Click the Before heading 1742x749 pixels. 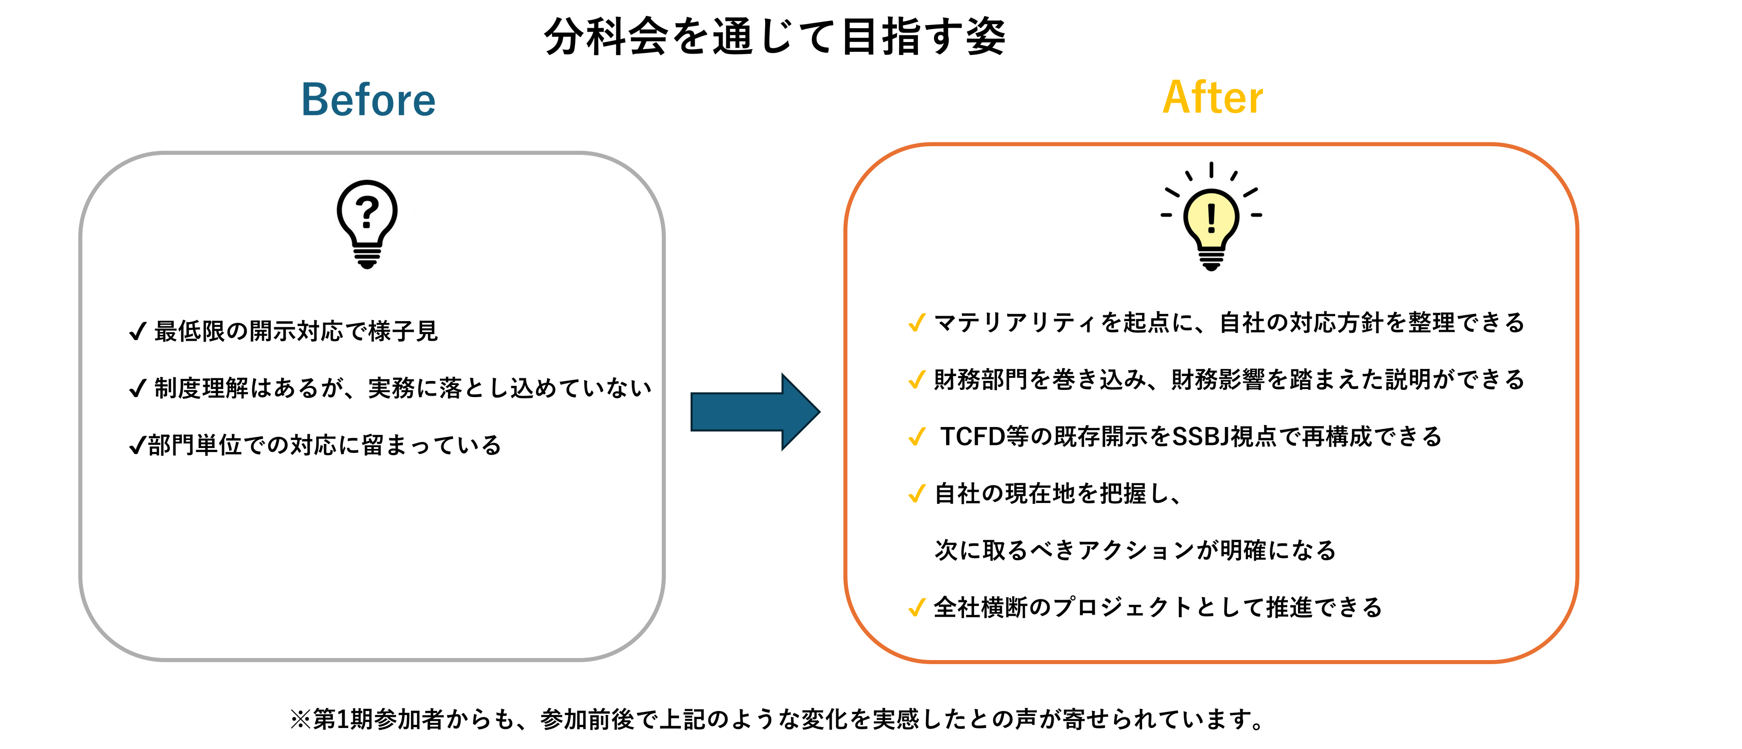[368, 100]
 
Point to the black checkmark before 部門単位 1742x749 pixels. [137, 445]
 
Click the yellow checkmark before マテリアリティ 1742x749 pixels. [916, 323]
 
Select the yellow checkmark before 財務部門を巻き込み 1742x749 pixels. [916, 380]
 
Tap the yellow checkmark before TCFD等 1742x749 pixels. [916, 437]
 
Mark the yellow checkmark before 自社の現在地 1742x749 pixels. [916, 494]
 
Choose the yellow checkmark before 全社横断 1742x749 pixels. [916, 608]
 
